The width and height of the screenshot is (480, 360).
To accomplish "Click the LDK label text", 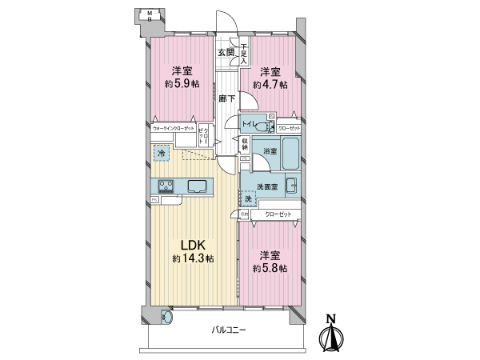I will tap(192, 245).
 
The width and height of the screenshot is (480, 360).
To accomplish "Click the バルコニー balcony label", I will tap(230, 330).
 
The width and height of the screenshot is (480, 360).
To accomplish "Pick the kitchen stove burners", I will tap(167, 186).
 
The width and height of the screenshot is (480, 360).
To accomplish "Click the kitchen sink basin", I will tap(198, 186).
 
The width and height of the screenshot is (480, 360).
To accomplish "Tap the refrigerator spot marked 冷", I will tap(162, 154).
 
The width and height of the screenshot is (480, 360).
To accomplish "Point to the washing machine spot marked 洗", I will tap(248, 198).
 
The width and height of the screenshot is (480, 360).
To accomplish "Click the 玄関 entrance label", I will tap(225, 52).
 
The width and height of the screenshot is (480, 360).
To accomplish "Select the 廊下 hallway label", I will tap(226, 98).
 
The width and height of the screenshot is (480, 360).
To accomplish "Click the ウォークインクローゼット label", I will tap(174, 128).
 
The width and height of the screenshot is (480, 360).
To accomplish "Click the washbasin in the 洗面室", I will tap(291, 186).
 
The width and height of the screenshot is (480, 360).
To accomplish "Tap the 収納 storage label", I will tap(244, 145).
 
